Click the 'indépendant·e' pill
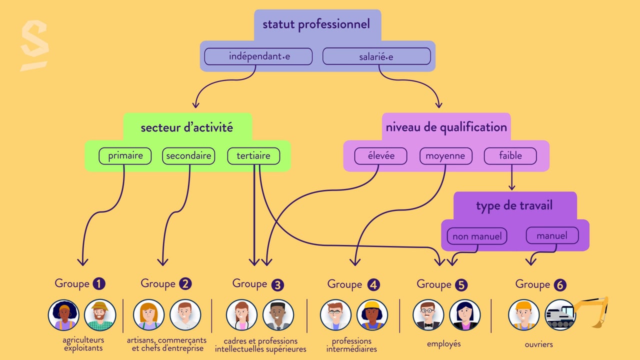(x=258, y=56)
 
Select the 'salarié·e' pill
(x=376, y=56)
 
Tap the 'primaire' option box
(x=125, y=156)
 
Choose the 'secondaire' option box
(x=188, y=156)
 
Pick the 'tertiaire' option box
(x=253, y=156)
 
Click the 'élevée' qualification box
(x=380, y=156)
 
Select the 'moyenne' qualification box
(x=445, y=156)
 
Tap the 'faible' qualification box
(x=510, y=156)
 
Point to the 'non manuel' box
(x=477, y=236)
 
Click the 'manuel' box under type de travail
(x=552, y=235)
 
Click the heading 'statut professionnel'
(x=316, y=24)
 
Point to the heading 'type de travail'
(x=514, y=206)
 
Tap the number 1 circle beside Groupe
(x=99, y=284)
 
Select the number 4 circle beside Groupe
(x=373, y=285)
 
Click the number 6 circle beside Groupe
(x=560, y=285)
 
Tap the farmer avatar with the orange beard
(x=100, y=315)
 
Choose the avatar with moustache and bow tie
(x=428, y=315)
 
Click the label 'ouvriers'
(x=539, y=344)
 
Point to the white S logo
(x=34, y=45)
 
